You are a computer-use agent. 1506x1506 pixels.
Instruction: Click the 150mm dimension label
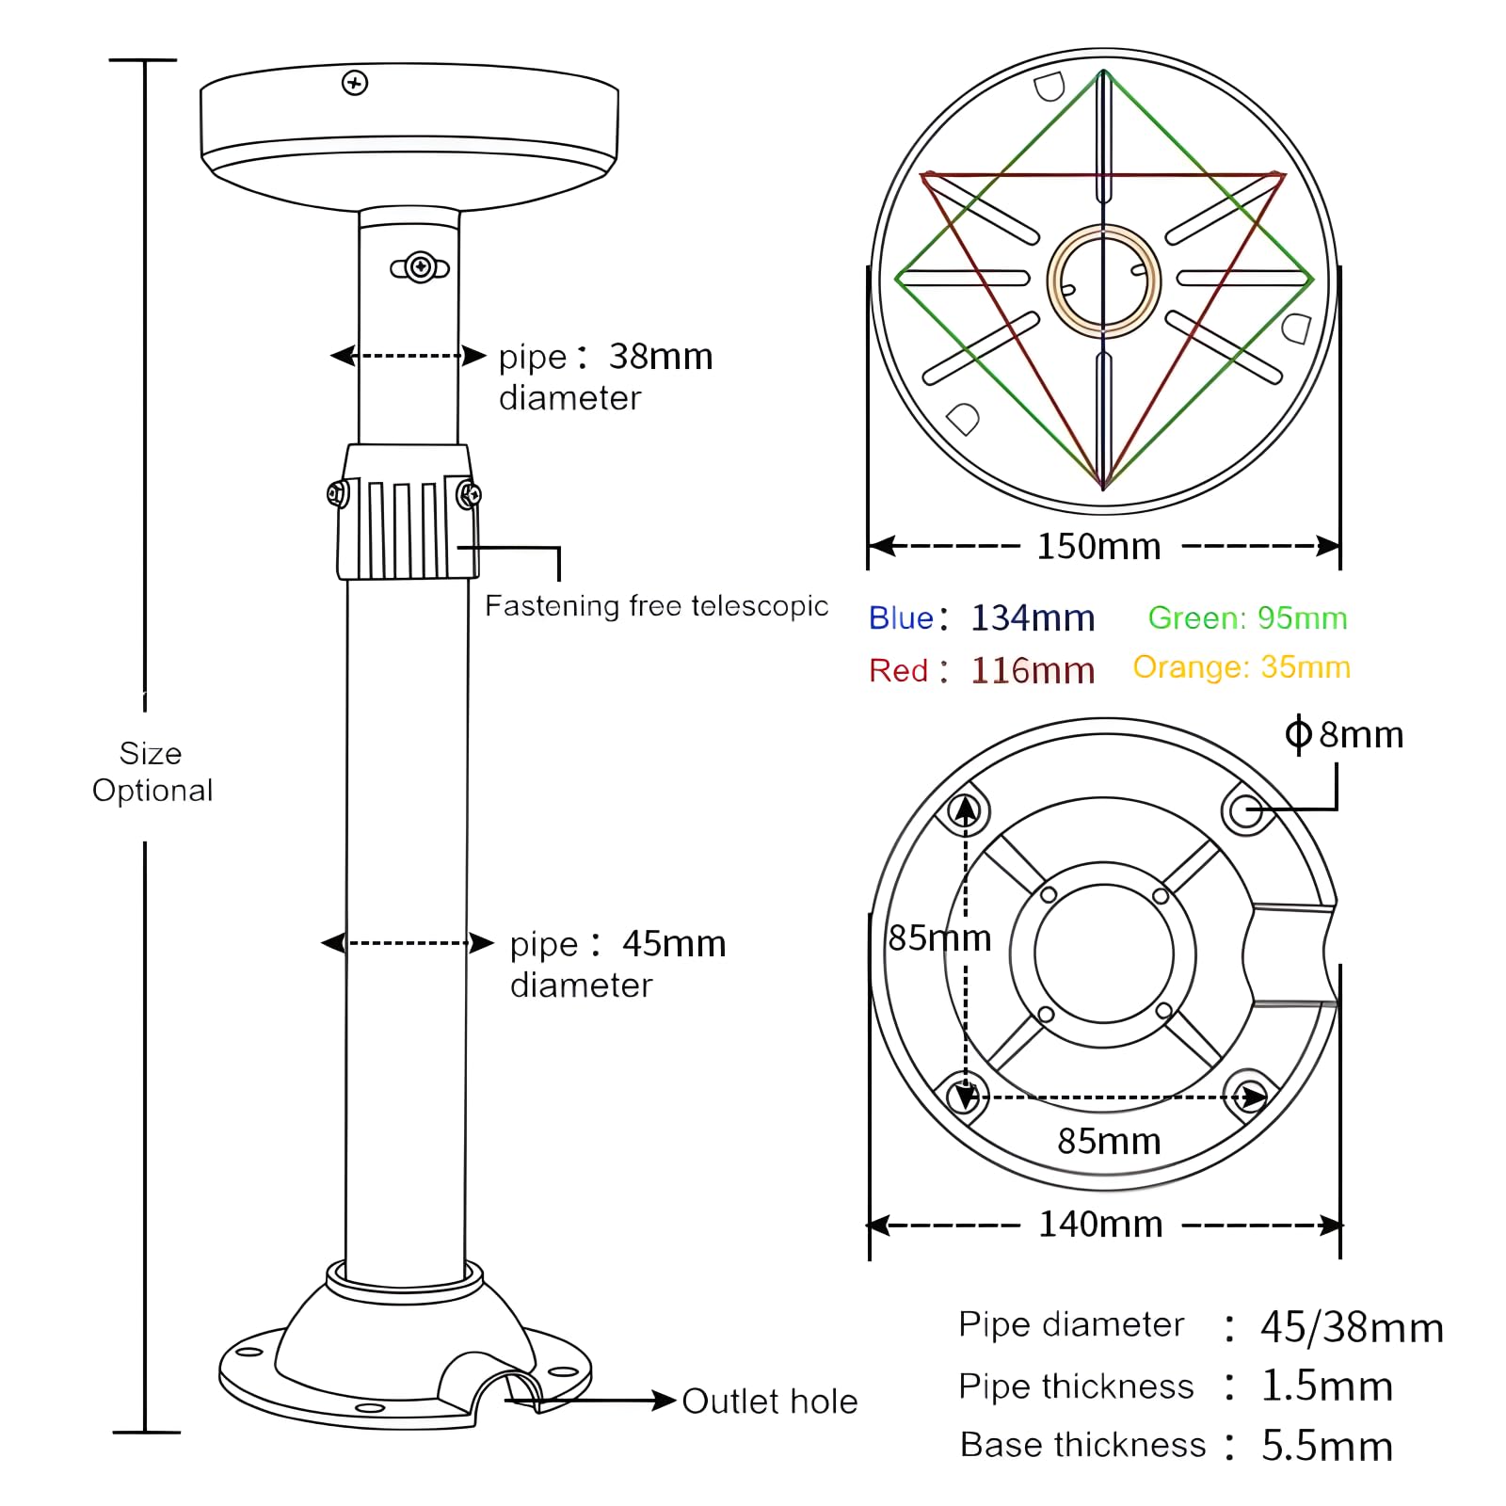pos(1098,547)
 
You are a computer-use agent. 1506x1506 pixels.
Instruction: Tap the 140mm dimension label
pos(1100,1225)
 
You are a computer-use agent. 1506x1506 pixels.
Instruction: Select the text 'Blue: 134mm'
pos(982,618)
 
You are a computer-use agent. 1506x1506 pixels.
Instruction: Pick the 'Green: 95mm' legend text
pos(1247,618)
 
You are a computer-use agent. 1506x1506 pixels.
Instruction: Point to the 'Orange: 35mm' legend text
pos(1242,667)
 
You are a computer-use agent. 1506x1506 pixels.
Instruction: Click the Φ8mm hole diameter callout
pos(1344,734)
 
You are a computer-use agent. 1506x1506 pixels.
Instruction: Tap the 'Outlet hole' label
pos(769,1402)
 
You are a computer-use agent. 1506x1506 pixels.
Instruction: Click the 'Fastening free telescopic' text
pos(656,606)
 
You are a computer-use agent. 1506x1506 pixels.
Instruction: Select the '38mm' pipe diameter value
pos(661,357)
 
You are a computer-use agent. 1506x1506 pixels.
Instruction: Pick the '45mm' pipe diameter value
pos(674,944)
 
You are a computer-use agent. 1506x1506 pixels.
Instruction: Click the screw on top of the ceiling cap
pos(355,83)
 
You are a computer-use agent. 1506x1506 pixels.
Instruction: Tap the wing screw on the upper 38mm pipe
pos(420,268)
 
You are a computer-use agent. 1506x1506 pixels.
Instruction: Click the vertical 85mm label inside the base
pos(939,938)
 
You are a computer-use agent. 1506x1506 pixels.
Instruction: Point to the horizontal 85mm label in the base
pos(1109,1142)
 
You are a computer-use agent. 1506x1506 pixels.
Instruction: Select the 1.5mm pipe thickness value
pos(1326,1386)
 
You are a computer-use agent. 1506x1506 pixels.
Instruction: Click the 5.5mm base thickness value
pos(1326,1446)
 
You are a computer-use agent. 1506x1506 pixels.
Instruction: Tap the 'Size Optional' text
pos(152,772)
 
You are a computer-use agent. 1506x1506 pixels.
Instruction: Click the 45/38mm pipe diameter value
pos(1351,1327)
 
